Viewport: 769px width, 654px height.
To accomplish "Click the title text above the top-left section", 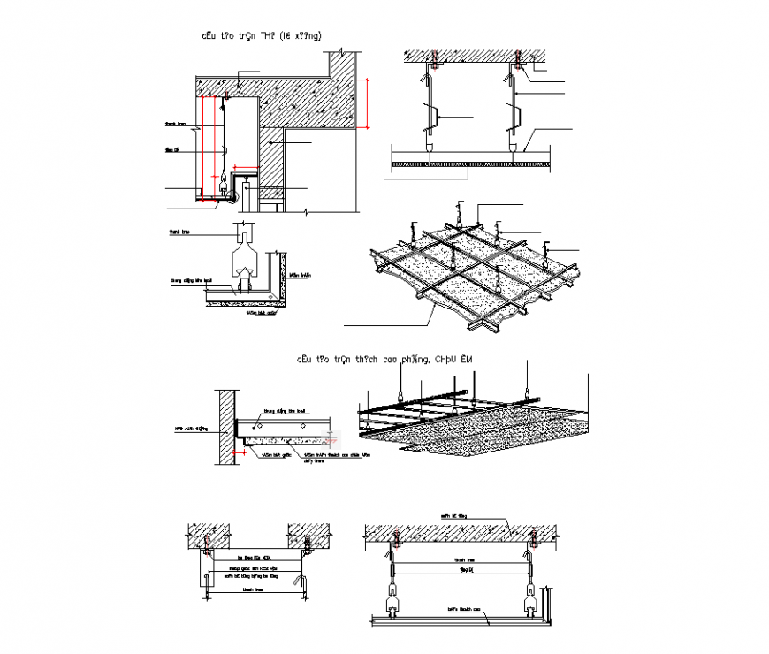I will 262,35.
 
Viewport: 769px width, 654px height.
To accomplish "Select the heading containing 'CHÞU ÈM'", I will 386,359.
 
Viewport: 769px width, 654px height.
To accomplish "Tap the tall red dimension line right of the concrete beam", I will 365,103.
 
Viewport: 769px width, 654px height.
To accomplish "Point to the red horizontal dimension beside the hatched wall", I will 232,455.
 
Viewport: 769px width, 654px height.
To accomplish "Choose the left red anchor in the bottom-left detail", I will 208,540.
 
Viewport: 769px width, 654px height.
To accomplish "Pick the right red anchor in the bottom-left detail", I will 307,540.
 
